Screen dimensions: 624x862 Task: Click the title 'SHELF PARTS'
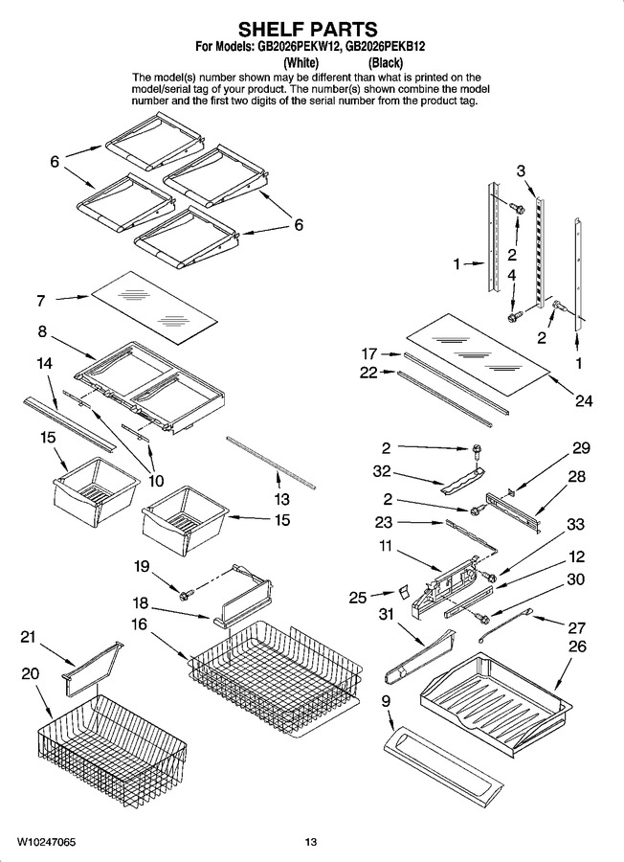[307, 29]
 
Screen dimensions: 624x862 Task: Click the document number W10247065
[46, 842]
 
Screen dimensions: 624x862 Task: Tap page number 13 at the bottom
[311, 842]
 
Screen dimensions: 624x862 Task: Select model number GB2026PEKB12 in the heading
[386, 47]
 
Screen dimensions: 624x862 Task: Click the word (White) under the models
[301, 62]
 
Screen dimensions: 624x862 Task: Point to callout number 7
[41, 301]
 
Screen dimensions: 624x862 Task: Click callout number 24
[584, 400]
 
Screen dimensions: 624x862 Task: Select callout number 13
[281, 499]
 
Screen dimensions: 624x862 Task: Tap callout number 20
[30, 673]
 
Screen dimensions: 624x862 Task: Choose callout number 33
[575, 524]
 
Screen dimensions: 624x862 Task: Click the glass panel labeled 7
[154, 307]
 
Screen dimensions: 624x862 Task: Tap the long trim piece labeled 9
[442, 763]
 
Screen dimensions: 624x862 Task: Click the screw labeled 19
[187, 594]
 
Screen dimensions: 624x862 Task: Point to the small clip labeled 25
[404, 591]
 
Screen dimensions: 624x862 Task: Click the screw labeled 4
[515, 317]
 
